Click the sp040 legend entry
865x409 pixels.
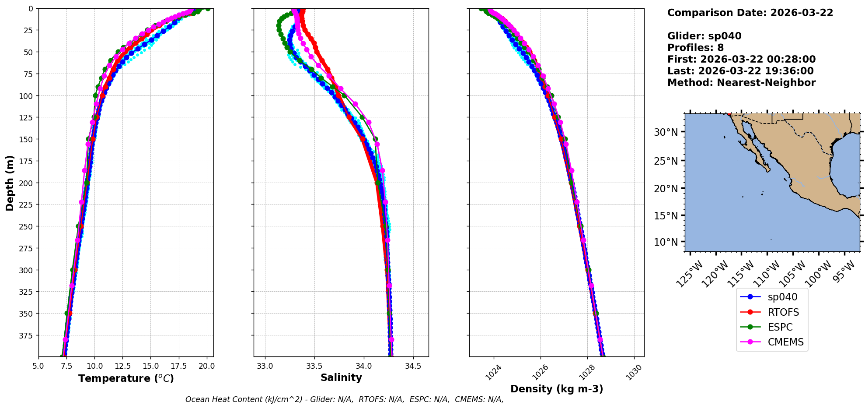click(782, 297)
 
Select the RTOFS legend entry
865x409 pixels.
click(783, 312)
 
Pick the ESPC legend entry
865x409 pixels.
click(780, 327)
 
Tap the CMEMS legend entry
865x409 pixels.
click(785, 342)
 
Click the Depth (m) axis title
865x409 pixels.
click(10, 183)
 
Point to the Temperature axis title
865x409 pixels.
click(126, 378)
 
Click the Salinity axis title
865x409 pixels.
click(341, 377)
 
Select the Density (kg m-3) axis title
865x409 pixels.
click(557, 389)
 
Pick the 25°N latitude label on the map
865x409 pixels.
click(666, 161)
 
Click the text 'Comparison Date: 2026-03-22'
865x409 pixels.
click(750, 13)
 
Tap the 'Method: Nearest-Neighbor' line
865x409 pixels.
click(741, 83)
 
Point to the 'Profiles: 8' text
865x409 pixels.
click(695, 48)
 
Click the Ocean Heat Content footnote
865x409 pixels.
click(344, 399)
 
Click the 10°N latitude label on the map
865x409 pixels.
click(666, 242)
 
